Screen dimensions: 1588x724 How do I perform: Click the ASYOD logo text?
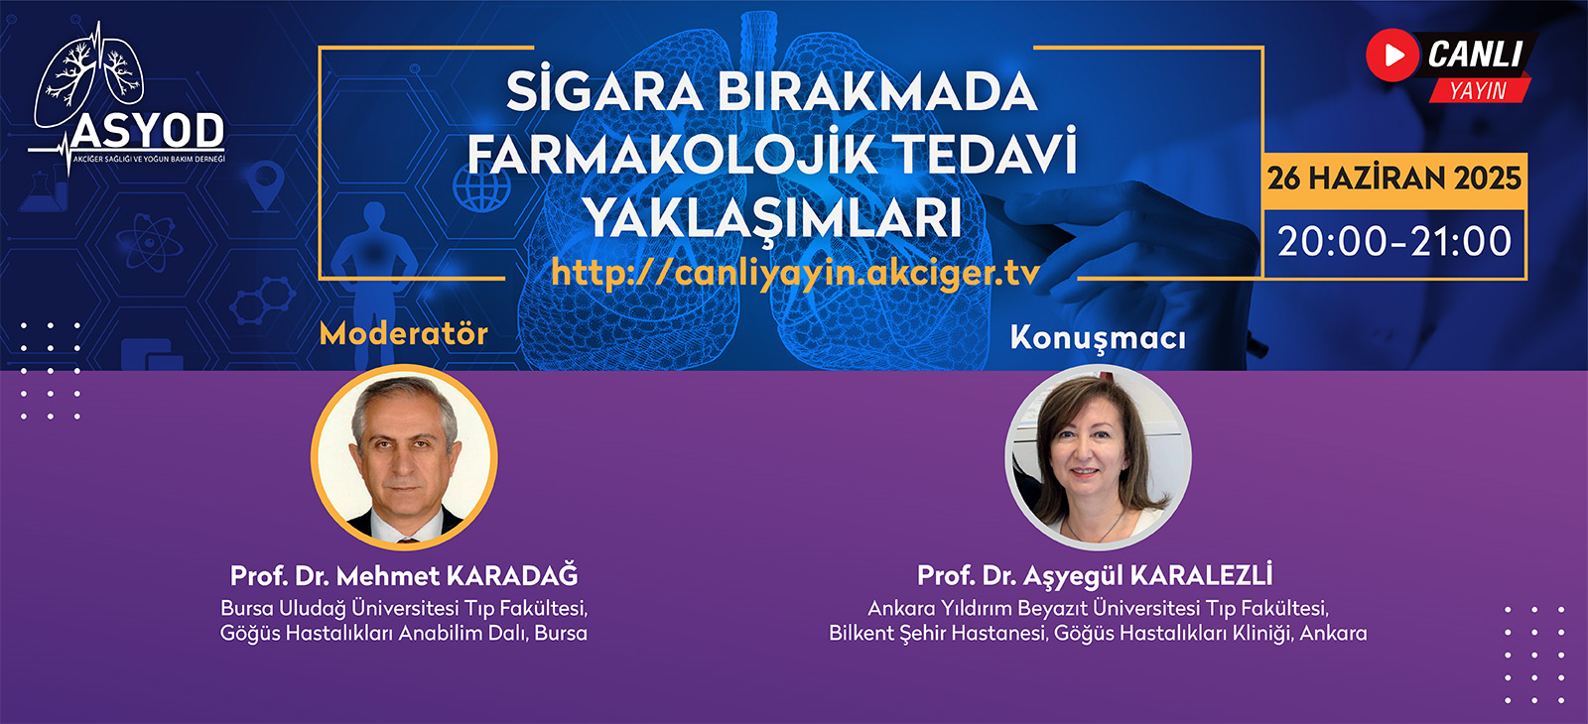(148, 130)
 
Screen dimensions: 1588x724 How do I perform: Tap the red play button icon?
(1392, 55)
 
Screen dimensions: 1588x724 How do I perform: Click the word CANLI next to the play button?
(1475, 55)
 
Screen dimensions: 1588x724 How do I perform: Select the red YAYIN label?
(1478, 90)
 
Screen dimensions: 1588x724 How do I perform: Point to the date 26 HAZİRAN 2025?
(1393, 179)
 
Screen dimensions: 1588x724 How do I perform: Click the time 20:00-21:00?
(1394, 242)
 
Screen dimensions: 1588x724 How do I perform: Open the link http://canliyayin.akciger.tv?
(795, 272)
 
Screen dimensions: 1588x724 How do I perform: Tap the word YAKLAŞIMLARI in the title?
(773, 217)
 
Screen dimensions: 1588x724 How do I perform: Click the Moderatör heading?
(403, 333)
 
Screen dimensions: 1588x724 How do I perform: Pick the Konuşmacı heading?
(1098, 338)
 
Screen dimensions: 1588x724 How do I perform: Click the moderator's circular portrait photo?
(404, 457)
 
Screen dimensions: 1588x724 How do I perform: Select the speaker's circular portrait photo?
(1098, 457)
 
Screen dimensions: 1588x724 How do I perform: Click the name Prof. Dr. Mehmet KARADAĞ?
(404, 575)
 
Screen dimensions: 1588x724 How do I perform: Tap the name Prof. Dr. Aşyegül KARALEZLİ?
(1095, 575)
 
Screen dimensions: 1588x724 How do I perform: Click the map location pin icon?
(266, 185)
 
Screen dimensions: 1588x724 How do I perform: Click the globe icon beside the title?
(482, 187)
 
